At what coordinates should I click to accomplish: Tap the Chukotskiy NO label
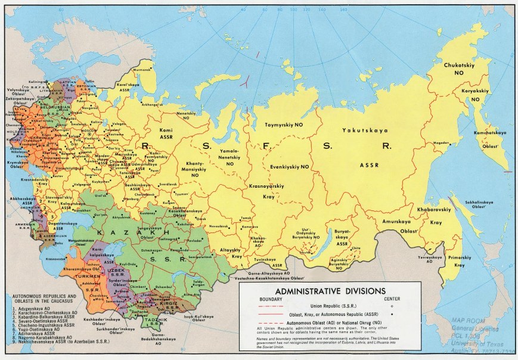(458, 68)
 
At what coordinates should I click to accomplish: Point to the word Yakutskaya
(365, 130)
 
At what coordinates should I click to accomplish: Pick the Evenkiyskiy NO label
(289, 167)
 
